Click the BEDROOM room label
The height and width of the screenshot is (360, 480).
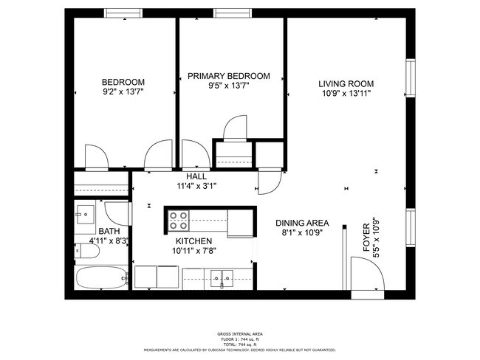(x=123, y=82)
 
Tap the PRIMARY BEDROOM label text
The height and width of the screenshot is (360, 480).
(x=228, y=76)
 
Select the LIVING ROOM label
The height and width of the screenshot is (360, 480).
(x=346, y=83)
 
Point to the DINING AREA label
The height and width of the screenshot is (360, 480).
(x=302, y=224)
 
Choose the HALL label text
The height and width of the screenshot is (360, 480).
(x=196, y=177)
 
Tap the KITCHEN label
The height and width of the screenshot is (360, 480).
(x=194, y=241)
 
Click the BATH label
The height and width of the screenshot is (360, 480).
(x=109, y=232)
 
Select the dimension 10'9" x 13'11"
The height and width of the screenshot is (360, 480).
(x=346, y=94)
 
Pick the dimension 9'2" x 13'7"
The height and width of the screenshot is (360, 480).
(x=123, y=92)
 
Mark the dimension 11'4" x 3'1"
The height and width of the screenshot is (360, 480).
(x=196, y=187)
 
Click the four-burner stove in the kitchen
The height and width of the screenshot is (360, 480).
(x=179, y=221)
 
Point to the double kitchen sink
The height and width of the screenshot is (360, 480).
(x=220, y=278)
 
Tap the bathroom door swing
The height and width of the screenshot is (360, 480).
(x=118, y=213)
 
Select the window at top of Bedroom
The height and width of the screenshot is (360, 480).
(x=123, y=13)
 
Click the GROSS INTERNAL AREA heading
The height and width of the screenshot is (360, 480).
(x=239, y=334)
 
